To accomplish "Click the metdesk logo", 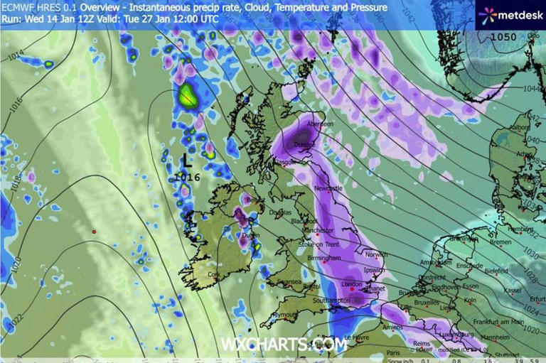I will [x=509, y=15].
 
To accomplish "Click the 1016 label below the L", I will [x=187, y=177].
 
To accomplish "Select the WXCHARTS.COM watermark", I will [x=283, y=345].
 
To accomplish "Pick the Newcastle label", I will [x=328, y=188].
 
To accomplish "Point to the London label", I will [x=352, y=284].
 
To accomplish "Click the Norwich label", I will [x=377, y=255].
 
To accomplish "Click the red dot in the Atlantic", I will [x=94, y=232].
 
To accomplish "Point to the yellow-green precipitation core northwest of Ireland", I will [x=188, y=95].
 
